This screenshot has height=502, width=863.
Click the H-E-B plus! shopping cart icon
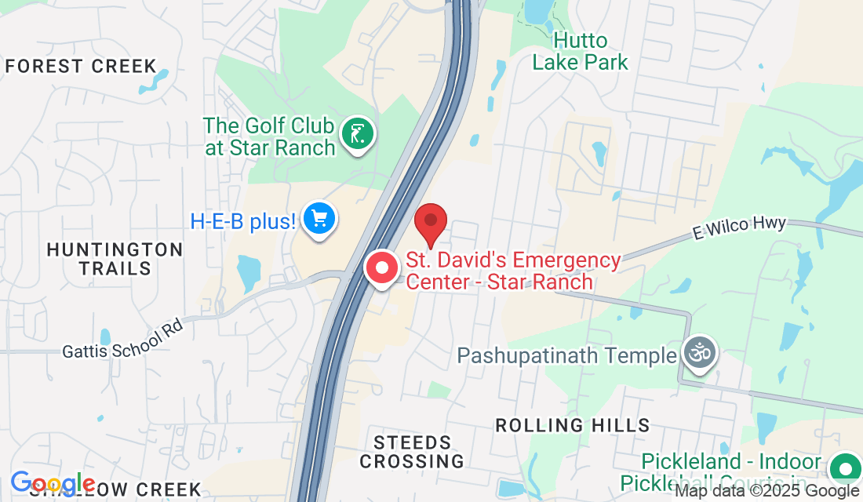[319, 219]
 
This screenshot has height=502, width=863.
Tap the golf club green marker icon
[358, 134]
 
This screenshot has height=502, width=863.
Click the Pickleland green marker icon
[846, 469]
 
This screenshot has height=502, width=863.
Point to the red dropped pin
[430, 223]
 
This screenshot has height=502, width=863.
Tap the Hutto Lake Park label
[581, 51]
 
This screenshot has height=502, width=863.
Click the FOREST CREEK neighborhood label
[82, 66]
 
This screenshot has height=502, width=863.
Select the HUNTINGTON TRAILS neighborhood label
[115, 259]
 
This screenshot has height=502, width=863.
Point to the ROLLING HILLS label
[573, 425]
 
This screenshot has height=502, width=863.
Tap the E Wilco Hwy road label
[739, 228]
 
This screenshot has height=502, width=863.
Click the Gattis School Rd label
[123, 338]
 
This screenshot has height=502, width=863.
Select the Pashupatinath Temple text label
[566, 355]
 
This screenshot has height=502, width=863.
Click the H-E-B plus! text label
[242, 221]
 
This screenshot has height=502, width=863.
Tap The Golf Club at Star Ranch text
[269, 136]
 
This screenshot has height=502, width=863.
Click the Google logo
[53, 483]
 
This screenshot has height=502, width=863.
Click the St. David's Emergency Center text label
[513, 270]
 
